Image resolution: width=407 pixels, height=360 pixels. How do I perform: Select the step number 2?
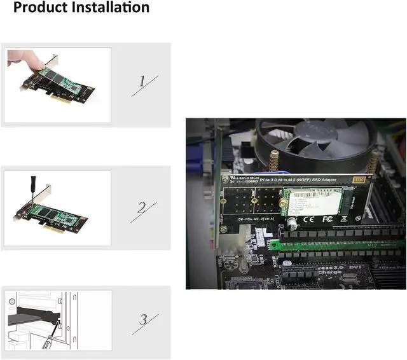click(x=142, y=207)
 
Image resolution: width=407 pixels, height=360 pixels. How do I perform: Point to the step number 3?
click(x=143, y=319)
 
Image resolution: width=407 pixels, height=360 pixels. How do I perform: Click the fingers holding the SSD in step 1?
click(x=25, y=60)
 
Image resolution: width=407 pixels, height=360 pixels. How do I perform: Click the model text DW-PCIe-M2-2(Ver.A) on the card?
click(x=253, y=219)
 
